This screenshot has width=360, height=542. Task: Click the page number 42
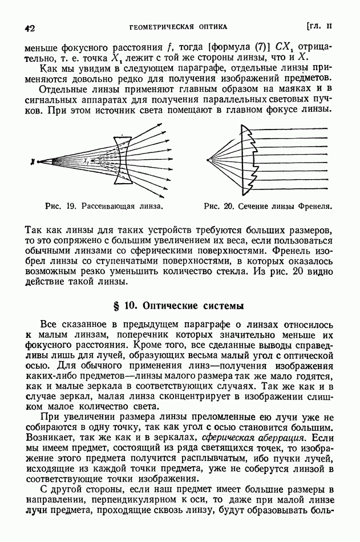30,27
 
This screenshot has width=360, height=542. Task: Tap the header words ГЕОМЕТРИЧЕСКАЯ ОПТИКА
179,26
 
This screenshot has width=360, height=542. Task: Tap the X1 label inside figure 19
86,160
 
